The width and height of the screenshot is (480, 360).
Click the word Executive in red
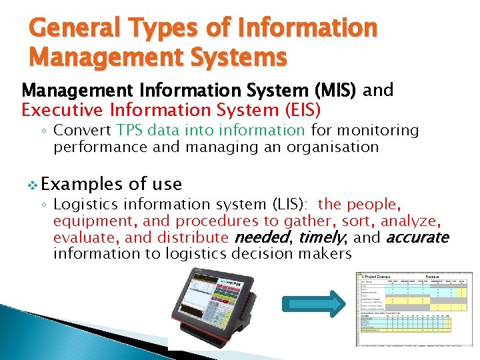(x=59, y=109)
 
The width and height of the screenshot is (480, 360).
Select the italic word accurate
(x=417, y=237)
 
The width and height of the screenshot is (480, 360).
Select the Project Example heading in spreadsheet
(x=378, y=276)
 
